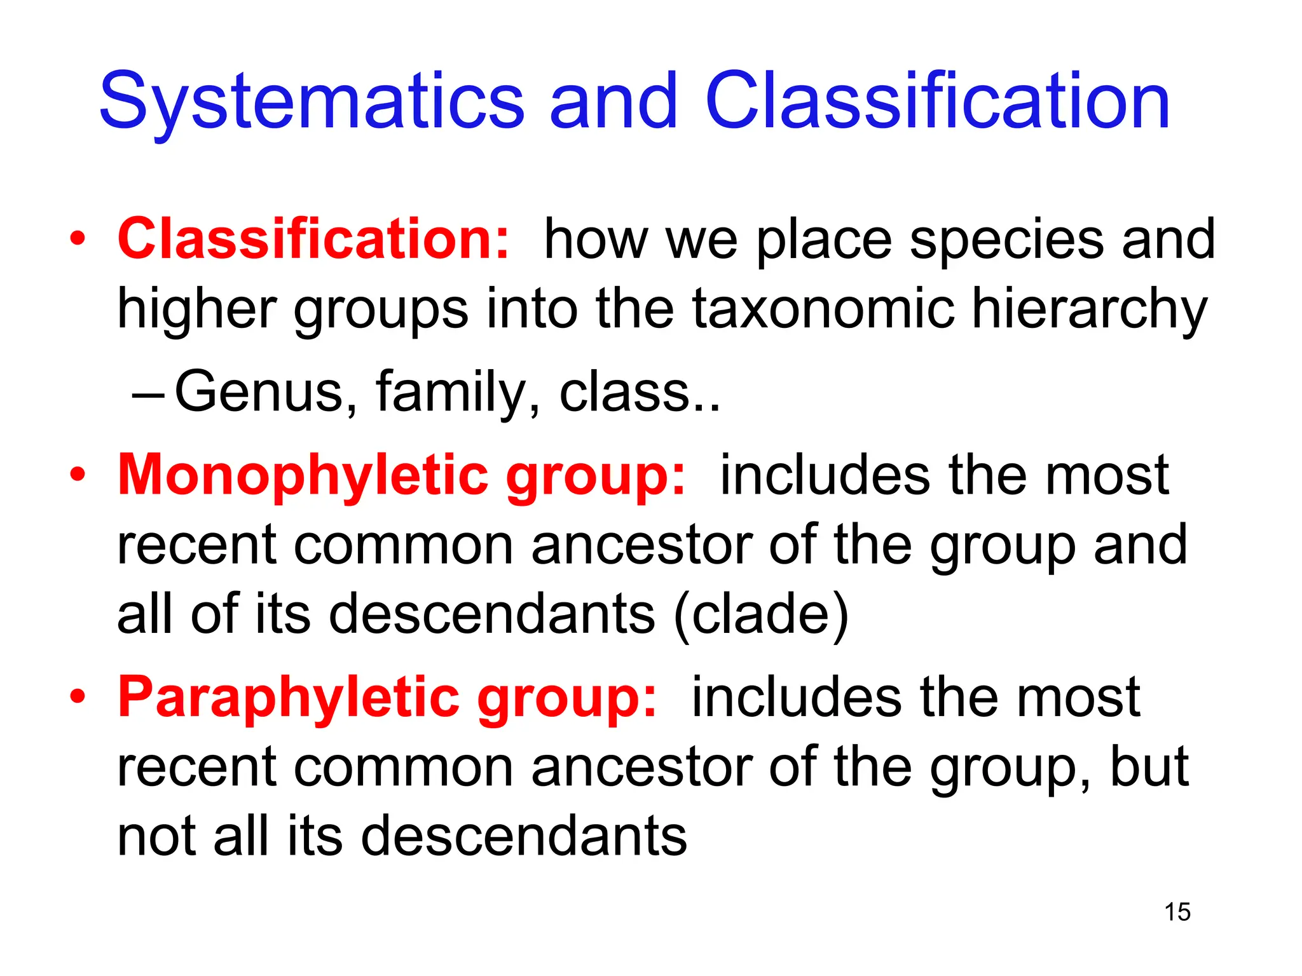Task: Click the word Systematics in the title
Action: (x=312, y=102)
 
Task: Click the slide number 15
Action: (x=1177, y=912)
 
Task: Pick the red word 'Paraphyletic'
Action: (x=289, y=698)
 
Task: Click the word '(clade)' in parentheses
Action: (x=761, y=614)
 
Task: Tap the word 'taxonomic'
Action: (x=823, y=309)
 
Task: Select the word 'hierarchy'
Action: (x=1089, y=309)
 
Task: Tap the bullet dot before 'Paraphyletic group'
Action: (x=78, y=698)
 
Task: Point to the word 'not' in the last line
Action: (x=157, y=837)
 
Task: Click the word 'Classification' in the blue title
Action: (x=937, y=102)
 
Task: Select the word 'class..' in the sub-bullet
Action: (x=640, y=392)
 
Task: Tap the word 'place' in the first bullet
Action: (x=824, y=240)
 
